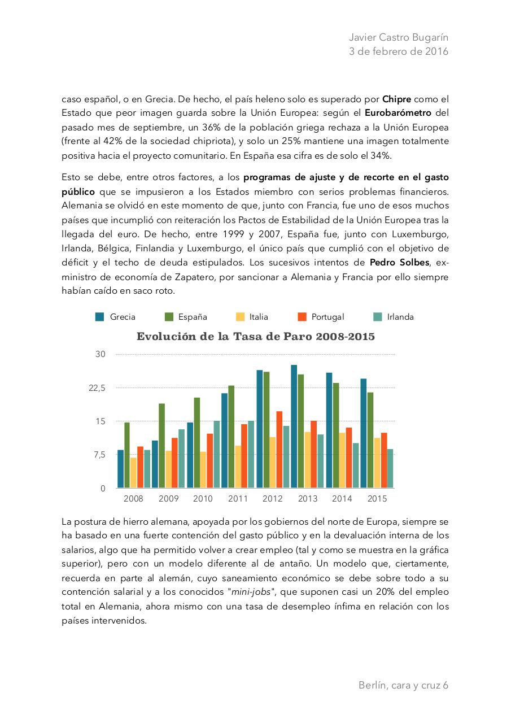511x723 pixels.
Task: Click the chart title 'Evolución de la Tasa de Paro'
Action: click(255, 337)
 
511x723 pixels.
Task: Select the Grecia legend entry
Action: click(116, 317)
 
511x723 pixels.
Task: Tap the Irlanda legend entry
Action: click(394, 317)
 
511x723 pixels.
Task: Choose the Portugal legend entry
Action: click(321, 317)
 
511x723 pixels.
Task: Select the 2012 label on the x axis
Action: click(273, 499)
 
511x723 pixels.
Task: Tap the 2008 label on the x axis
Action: click(133, 499)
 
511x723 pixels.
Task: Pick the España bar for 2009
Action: click(162, 446)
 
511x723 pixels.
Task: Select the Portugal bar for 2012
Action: click(279, 450)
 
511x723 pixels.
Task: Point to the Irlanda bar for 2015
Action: click(390, 468)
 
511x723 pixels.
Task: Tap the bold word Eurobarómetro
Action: click(394, 112)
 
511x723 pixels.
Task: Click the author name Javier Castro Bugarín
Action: click(399, 37)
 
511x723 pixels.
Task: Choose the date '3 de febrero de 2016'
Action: click(399, 51)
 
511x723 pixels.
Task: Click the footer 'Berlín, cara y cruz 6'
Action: click(403, 685)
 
